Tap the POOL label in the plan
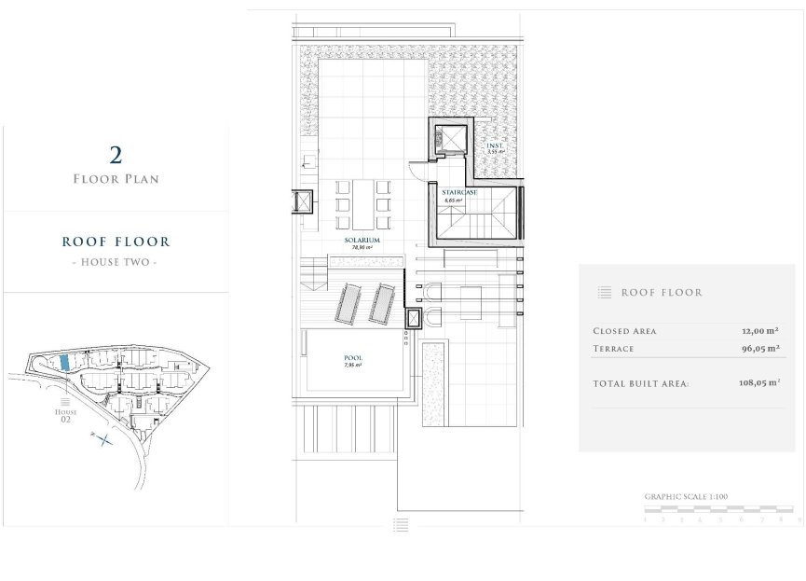[352, 358]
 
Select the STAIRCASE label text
[459, 192]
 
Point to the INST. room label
[495, 147]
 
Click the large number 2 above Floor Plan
[116, 155]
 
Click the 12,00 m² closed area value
[761, 331]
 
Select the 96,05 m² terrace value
[761, 349]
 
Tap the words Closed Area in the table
[624, 331]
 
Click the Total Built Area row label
[641, 383]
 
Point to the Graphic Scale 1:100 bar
[719, 510]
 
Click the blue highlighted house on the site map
[64, 362]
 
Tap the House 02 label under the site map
[64, 417]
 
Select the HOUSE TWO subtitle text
[116, 264]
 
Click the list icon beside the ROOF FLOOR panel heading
[605, 293]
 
